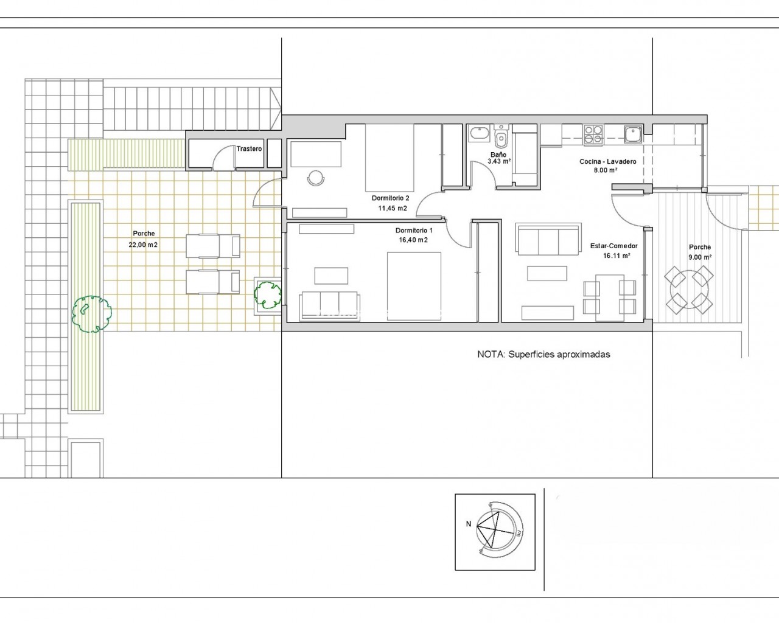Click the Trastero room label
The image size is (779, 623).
[x=249, y=149]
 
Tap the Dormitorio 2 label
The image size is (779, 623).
[x=390, y=198]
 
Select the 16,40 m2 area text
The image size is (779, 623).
[x=413, y=240]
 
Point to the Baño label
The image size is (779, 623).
[x=498, y=155]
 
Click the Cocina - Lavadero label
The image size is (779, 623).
[x=608, y=161]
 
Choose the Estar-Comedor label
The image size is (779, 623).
[x=614, y=246]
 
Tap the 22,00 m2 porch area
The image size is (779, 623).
[x=143, y=245]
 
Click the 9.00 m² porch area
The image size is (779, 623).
[x=700, y=257]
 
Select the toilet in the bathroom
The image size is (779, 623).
[x=501, y=137]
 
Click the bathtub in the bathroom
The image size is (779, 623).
[x=480, y=134]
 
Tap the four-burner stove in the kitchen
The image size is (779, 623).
[x=593, y=134]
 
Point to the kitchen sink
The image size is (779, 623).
[x=633, y=134]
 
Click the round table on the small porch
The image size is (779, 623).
[x=689, y=290]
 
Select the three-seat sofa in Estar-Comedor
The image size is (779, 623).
[x=548, y=239]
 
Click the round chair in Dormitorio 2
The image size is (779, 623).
[x=316, y=178]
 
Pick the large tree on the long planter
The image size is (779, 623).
[x=91, y=314]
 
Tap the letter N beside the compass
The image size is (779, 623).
[x=469, y=523]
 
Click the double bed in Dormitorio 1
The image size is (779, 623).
[x=414, y=287]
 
